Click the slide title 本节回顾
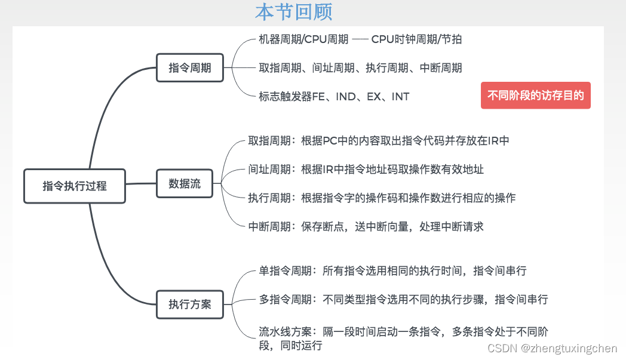[x=293, y=12]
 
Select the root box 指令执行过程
[x=75, y=186]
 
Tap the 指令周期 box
[x=190, y=67]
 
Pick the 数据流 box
[x=185, y=184]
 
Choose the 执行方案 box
[x=190, y=304]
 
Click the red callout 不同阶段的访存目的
[x=535, y=96]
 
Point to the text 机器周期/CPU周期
[x=303, y=39]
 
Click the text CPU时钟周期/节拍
[x=416, y=39]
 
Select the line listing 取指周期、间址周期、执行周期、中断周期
[x=360, y=68]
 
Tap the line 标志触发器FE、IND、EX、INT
[x=334, y=96]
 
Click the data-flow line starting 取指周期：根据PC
[x=379, y=141]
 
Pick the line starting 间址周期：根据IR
[x=366, y=170]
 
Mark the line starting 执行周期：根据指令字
[x=382, y=198]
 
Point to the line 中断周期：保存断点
[x=366, y=226]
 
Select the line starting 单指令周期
[x=392, y=271]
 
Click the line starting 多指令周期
[x=403, y=299]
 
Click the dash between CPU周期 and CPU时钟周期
[x=360, y=39]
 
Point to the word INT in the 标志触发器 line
[x=400, y=96]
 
